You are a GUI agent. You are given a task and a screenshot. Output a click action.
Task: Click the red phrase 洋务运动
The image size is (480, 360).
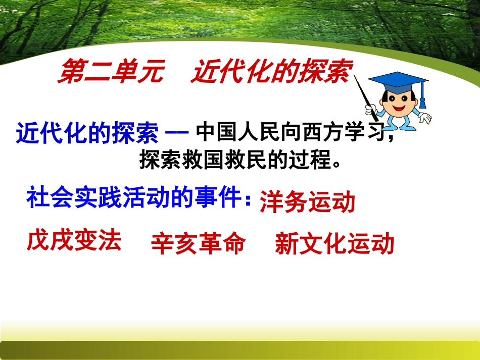tap(307, 202)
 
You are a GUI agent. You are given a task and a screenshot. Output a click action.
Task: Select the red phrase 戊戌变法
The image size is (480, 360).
tap(74, 241)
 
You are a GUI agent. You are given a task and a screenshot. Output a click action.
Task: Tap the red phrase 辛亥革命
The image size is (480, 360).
tap(199, 243)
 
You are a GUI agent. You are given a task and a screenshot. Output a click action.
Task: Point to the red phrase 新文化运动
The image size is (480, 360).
tap(334, 243)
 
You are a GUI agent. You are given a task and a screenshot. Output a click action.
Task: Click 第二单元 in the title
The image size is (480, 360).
tap(111, 71)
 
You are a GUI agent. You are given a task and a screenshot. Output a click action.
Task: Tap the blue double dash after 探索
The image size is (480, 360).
tap(177, 133)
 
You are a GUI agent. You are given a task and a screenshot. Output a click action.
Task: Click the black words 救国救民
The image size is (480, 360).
tap(224, 160)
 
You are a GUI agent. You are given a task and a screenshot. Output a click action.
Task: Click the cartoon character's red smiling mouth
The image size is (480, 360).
tap(399, 108)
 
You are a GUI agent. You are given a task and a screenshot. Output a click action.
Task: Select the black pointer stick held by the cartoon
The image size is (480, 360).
tap(365, 97)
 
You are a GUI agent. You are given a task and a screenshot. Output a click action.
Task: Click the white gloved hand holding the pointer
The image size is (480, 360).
tap(371, 110)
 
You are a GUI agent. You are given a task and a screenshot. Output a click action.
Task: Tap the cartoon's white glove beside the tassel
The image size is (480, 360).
tap(425, 118)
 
